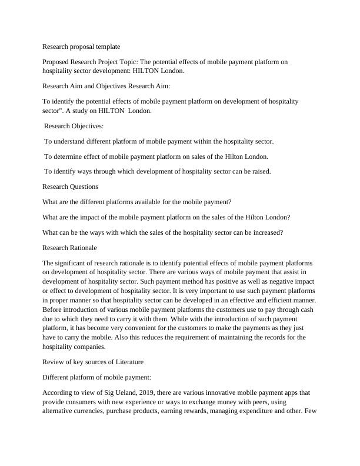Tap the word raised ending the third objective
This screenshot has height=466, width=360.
pyautogui.click(x=259, y=171)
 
